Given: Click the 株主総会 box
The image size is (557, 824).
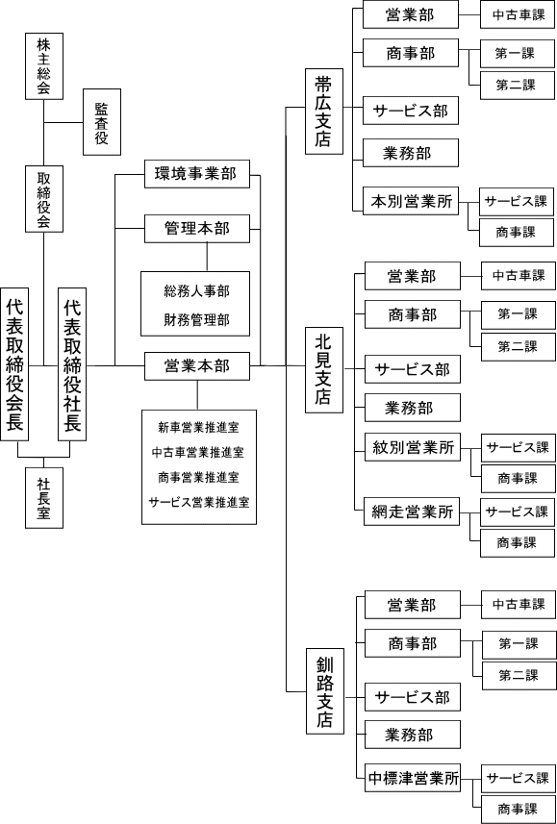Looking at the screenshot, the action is [44, 66].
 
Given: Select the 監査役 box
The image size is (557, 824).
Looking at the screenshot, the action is [102, 122].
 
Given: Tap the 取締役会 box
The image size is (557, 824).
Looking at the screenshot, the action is [44, 199].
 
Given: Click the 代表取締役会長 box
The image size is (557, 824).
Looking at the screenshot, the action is [14, 364].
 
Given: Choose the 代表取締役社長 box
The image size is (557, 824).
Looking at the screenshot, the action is [72, 364].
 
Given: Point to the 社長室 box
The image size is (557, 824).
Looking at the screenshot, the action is [44, 498].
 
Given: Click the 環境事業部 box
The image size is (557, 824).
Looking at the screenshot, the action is [197, 174].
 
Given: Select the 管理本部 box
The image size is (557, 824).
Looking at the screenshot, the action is [197, 229].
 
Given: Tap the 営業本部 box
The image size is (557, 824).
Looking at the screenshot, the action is [197, 365].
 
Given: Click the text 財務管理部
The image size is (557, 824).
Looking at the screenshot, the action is [196, 319].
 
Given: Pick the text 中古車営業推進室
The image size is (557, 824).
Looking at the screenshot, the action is [197, 452].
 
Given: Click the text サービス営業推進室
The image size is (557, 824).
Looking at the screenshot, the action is [199, 502].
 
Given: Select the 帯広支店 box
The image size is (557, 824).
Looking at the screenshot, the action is [324, 112].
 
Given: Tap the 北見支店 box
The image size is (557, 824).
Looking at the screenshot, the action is [324, 370].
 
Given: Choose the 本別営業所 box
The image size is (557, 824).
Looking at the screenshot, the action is [411, 201].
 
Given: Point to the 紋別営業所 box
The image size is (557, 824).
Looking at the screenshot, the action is [413, 448].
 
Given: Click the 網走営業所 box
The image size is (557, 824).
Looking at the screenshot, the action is [413, 512].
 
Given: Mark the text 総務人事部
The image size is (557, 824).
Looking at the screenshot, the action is [196, 291].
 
